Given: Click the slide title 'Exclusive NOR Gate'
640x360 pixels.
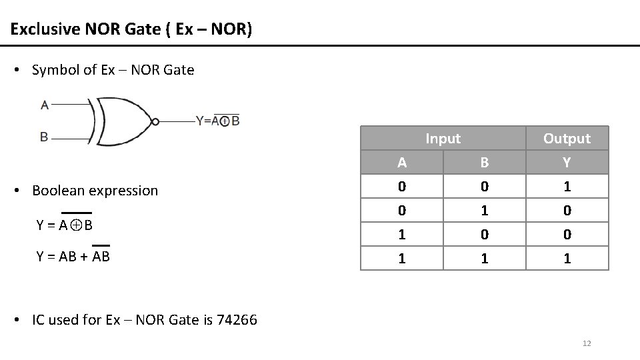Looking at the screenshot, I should (x=131, y=30).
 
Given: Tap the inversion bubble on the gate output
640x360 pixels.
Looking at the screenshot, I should (x=155, y=121).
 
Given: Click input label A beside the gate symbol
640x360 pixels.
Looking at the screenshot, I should (x=45, y=104).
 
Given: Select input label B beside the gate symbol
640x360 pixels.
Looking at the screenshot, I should (x=44, y=137).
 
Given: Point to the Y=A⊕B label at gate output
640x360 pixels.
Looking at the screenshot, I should (x=217, y=121).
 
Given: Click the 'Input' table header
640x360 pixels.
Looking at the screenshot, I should (x=443, y=139).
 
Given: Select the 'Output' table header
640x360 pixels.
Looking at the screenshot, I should (x=567, y=139).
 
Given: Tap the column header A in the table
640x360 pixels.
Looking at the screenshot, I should (x=401, y=163).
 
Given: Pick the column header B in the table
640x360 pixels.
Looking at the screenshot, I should (x=485, y=163).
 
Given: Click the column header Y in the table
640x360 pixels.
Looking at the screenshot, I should (x=567, y=163).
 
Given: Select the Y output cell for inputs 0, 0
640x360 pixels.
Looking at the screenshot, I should (x=567, y=187).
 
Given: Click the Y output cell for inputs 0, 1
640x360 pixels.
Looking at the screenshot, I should (x=567, y=211).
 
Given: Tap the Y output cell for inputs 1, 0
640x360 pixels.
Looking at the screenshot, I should (x=567, y=235).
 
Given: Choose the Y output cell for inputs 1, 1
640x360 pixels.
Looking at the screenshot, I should (x=567, y=259).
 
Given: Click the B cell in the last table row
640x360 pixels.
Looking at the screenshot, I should (x=485, y=259).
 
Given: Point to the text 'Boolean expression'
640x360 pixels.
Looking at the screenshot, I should (x=95, y=191).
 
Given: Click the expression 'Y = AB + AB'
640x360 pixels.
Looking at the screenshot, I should (x=73, y=256).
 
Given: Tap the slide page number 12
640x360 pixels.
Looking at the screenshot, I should (x=587, y=343).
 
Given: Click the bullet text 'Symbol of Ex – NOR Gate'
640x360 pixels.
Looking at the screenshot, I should (x=113, y=70).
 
